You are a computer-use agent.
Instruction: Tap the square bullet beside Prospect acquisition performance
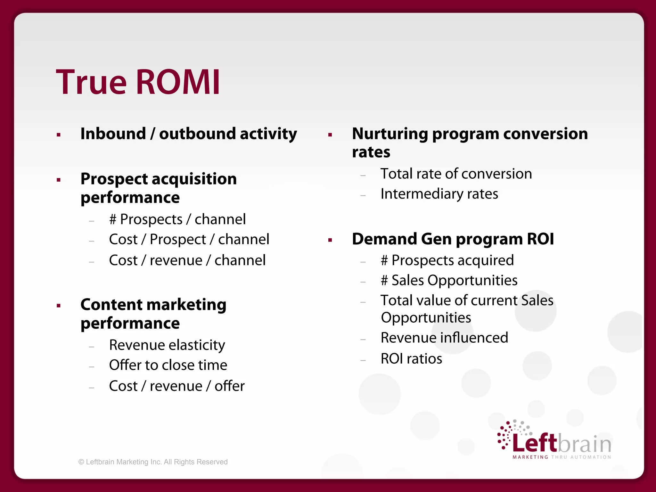tap(59, 180)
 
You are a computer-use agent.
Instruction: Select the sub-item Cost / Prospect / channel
tap(189, 240)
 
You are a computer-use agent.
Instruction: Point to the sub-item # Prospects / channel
tap(177, 219)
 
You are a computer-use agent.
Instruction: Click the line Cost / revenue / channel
tap(187, 260)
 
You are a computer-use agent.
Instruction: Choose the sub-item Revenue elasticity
tap(167, 345)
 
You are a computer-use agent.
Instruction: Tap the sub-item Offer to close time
tap(168, 365)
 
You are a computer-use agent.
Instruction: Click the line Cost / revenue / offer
tap(177, 386)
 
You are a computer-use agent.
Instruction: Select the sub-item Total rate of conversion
tap(456, 174)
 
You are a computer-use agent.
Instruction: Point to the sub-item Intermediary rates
tap(439, 194)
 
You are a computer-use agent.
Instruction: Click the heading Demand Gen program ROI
tap(453, 239)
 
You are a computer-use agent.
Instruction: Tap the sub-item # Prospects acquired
tap(447, 260)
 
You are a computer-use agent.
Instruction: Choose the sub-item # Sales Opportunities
tap(449, 281)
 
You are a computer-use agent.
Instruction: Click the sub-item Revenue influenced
tap(444, 338)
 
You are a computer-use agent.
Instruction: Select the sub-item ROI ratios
tap(411, 359)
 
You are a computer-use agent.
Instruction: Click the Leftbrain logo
tap(554, 440)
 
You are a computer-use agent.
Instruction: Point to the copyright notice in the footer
tap(153, 462)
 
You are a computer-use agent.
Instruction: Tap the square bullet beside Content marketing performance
tap(59, 306)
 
